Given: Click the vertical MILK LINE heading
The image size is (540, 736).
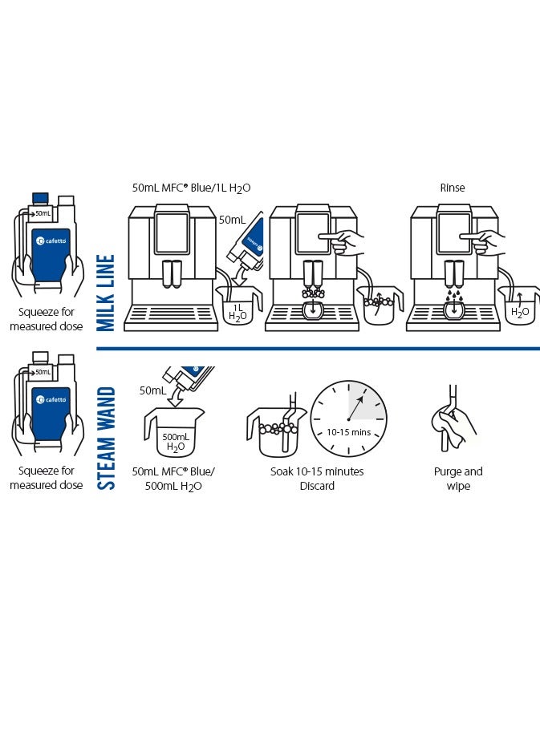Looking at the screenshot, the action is tap(106, 293).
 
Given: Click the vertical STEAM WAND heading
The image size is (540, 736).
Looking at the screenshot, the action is tap(106, 439).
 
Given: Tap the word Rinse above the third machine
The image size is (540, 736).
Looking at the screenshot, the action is tap(453, 188).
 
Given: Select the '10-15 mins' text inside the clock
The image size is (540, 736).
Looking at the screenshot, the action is tap(348, 432).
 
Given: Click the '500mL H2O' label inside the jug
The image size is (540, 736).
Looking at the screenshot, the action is tap(176, 443).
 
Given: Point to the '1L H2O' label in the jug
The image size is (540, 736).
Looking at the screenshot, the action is tap(238, 313).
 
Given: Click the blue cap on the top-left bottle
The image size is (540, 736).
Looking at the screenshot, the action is tap(40, 198).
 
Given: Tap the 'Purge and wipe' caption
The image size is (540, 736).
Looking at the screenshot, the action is tap(458, 479).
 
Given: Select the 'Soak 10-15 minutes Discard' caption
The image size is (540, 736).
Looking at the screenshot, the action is tap(317, 479).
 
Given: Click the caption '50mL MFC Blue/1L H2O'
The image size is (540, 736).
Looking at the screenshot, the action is tap(191, 188).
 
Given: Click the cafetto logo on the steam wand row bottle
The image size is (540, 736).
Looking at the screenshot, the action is tap(51, 399).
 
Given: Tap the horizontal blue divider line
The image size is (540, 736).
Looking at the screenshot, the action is tap(318, 349).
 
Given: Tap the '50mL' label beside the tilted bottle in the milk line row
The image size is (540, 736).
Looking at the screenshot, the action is tap(232, 220).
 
